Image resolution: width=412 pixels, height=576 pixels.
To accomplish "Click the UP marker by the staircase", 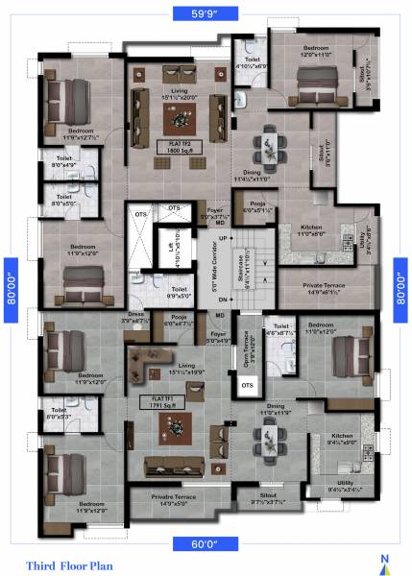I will (x=225, y=237).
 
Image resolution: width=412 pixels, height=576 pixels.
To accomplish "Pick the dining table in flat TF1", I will (x=270, y=438).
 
